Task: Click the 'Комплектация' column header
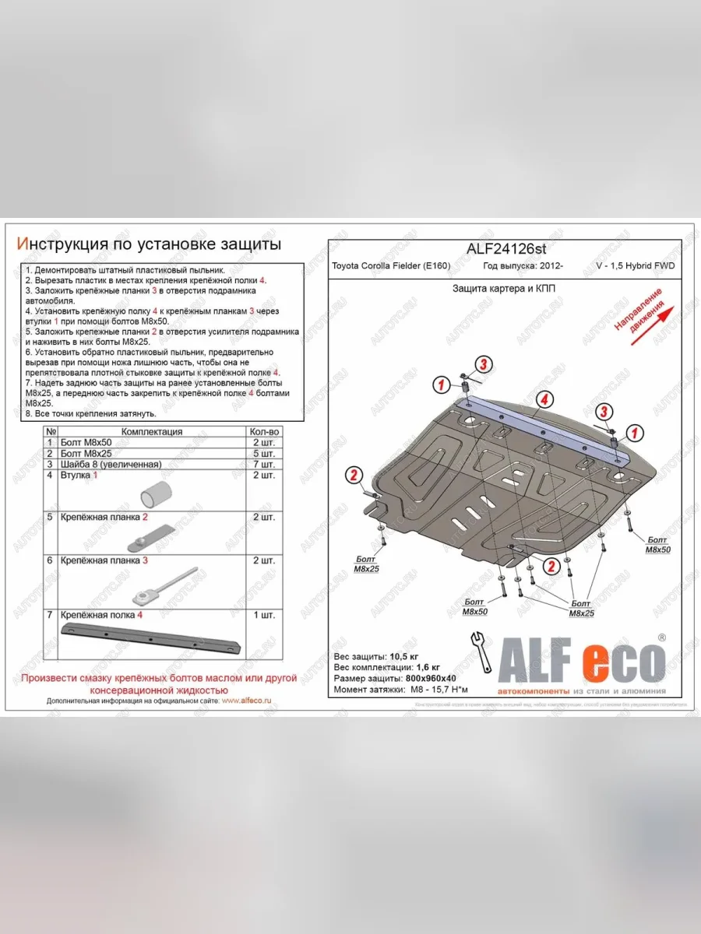pyautogui.click(x=152, y=431)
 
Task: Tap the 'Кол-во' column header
pyautogui.click(x=262, y=431)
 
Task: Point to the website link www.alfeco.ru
pyautogui.click(x=246, y=700)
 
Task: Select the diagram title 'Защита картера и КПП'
pyautogui.click(x=504, y=287)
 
